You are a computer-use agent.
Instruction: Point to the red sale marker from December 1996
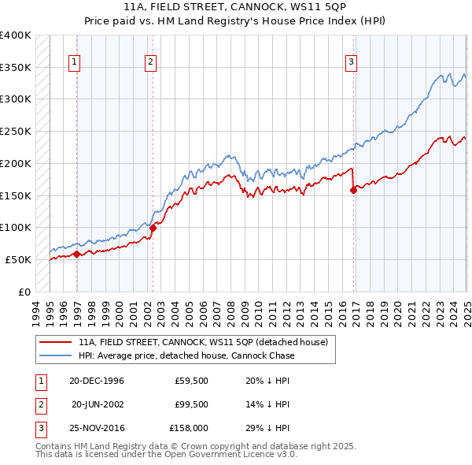click(76, 254)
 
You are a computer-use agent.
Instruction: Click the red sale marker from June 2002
click(153, 228)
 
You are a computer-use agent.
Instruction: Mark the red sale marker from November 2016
click(353, 190)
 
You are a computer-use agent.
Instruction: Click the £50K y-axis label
click(19, 259)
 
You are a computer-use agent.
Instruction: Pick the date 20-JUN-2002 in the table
click(98, 405)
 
